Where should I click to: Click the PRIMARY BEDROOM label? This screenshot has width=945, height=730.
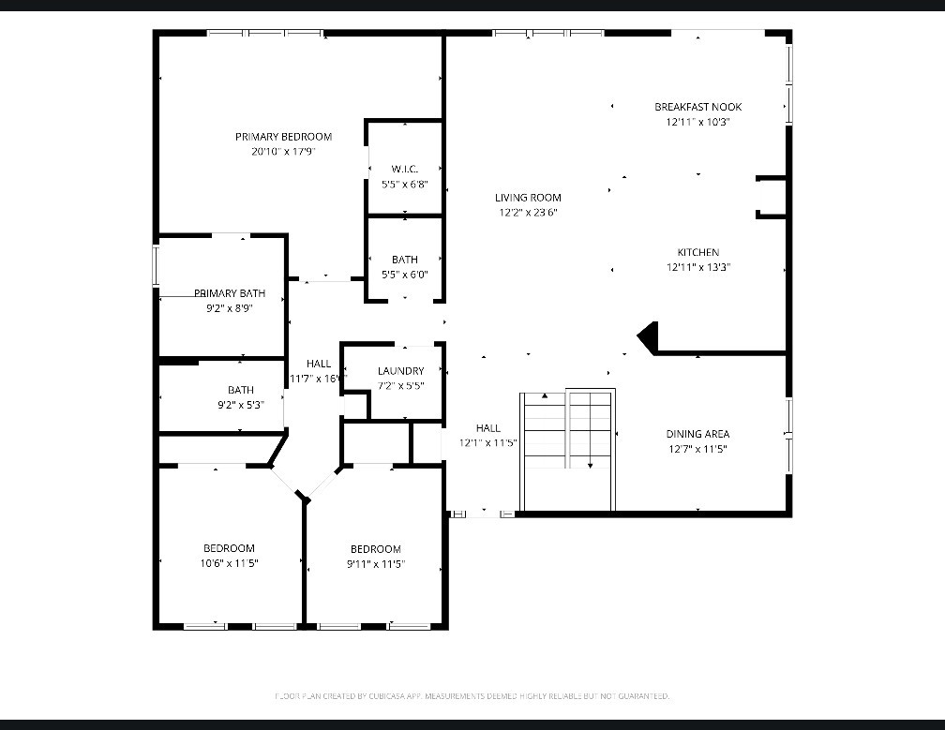click(x=283, y=137)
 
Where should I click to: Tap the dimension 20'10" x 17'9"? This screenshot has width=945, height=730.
click(x=283, y=151)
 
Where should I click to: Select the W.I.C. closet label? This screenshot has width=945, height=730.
click(x=404, y=170)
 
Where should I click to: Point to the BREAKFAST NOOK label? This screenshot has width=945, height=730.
click(x=697, y=107)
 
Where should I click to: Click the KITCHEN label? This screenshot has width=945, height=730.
click(x=698, y=252)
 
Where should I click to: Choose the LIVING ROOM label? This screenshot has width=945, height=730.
click(x=528, y=198)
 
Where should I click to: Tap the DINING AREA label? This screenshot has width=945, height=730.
click(x=697, y=434)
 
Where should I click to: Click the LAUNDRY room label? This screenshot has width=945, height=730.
click(x=400, y=371)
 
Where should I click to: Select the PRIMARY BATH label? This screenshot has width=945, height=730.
click(x=230, y=293)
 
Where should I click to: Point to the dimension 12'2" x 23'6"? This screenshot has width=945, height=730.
click(x=528, y=213)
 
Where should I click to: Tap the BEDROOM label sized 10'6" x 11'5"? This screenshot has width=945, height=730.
click(x=229, y=548)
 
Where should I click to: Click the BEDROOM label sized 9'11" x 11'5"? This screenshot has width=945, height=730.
click(x=375, y=549)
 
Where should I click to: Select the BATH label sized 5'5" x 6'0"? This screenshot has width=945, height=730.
click(x=405, y=260)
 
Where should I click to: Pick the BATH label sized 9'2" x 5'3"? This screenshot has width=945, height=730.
click(x=241, y=391)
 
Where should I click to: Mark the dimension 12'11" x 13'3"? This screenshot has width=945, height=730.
click(x=698, y=267)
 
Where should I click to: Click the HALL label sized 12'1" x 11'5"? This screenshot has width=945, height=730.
click(x=487, y=428)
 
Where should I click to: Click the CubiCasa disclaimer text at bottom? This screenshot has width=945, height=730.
click(x=472, y=696)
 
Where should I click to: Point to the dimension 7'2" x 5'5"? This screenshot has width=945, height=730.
click(x=400, y=385)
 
